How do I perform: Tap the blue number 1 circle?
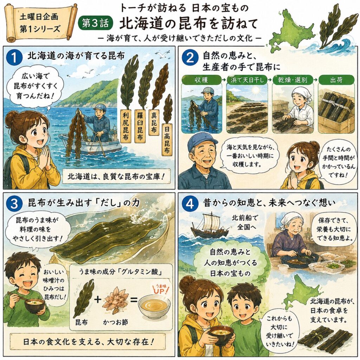click(14, 57)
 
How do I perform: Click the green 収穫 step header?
click(201, 80)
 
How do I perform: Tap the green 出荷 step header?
click(336, 80)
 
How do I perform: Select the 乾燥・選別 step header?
click(291, 80)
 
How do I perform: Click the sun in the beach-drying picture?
click(255, 91)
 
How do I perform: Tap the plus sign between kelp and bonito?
click(98, 300)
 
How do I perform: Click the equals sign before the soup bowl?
click(134, 300)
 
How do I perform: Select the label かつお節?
click(115, 322)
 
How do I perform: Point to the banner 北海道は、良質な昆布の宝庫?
click(116, 176)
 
